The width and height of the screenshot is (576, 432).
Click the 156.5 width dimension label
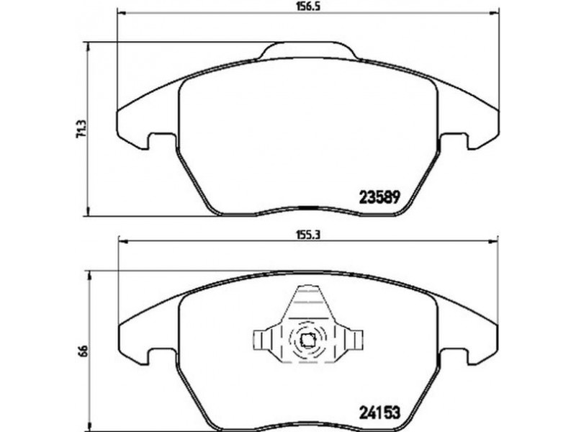(307, 6)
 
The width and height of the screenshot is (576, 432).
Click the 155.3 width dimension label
(307, 235)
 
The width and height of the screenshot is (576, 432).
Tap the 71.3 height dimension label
(81, 129)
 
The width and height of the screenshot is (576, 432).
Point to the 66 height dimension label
(84, 351)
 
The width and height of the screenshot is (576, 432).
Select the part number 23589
(379, 198)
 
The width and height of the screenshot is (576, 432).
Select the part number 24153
(379, 413)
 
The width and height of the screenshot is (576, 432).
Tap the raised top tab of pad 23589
(308, 50)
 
